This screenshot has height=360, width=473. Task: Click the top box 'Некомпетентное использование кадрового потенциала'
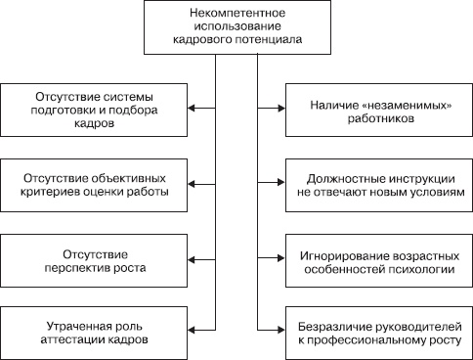236,27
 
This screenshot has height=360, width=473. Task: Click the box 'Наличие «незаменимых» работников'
377,108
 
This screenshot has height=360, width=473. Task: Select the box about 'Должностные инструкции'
377,184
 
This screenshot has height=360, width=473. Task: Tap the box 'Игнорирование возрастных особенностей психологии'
377,259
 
